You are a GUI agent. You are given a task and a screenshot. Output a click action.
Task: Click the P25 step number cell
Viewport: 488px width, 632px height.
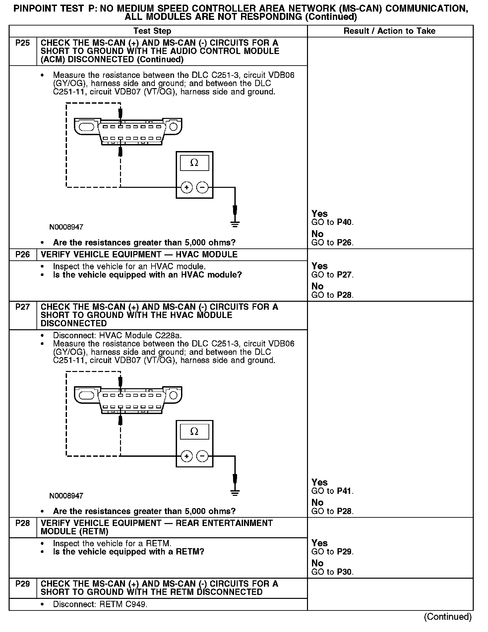(x=23, y=43)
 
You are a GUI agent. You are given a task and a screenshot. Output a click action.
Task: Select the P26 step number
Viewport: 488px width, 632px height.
(x=23, y=254)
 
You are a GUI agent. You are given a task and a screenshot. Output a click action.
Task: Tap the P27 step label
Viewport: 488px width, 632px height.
(x=23, y=307)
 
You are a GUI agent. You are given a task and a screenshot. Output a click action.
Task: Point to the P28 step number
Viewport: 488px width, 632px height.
(x=23, y=523)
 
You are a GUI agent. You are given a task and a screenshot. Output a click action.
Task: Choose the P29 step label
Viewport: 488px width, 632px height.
(x=23, y=584)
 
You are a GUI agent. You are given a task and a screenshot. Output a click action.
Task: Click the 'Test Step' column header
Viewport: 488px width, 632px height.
(x=152, y=31)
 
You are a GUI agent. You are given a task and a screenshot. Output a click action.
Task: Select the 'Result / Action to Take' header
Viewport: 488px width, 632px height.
(x=389, y=31)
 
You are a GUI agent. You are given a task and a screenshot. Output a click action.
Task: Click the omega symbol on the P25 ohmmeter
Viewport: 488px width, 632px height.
(x=195, y=163)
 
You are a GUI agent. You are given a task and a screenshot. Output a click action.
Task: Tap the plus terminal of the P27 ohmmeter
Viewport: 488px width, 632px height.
(x=187, y=456)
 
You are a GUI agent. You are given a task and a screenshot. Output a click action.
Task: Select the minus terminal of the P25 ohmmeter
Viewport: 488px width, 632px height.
(x=203, y=187)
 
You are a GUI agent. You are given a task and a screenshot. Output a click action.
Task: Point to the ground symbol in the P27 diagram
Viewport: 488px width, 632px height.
(x=235, y=493)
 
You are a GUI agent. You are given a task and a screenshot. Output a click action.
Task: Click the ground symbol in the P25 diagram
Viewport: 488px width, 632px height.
(x=235, y=224)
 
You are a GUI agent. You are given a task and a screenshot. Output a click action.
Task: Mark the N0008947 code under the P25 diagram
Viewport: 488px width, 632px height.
(x=66, y=227)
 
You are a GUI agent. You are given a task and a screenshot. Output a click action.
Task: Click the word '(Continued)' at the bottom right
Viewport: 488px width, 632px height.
(x=448, y=617)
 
